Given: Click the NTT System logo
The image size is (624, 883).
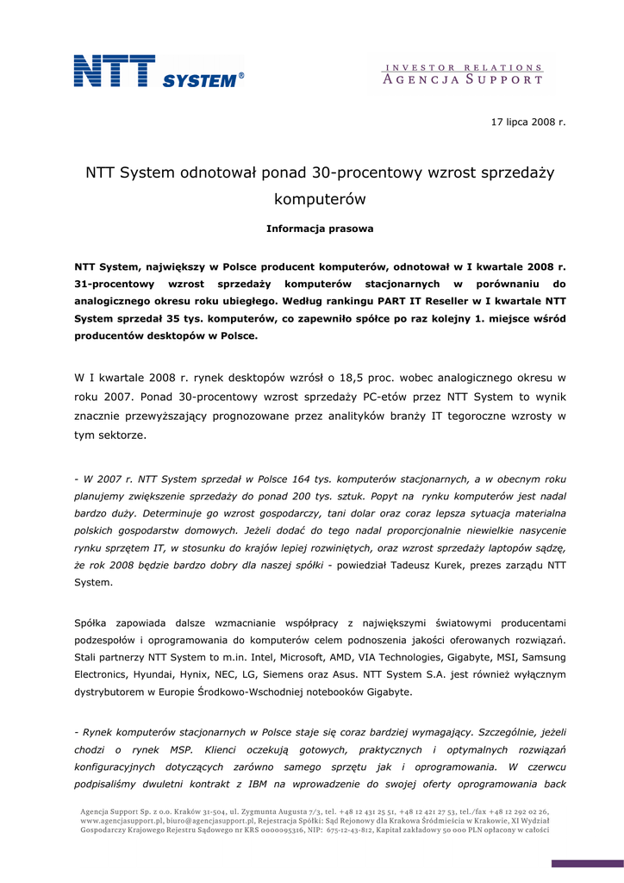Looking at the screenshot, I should click(159, 72).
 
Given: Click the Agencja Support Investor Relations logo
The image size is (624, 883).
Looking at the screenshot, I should click(463, 74).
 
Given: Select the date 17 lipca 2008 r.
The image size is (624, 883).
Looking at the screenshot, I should click(528, 122).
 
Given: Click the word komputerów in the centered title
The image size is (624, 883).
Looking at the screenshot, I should click(320, 199).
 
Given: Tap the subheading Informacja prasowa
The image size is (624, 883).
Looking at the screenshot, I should click(320, 229).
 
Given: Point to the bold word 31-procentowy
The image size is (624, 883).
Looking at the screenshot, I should click(115, 284).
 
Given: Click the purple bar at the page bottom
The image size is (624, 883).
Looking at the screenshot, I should click(587, 863).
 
